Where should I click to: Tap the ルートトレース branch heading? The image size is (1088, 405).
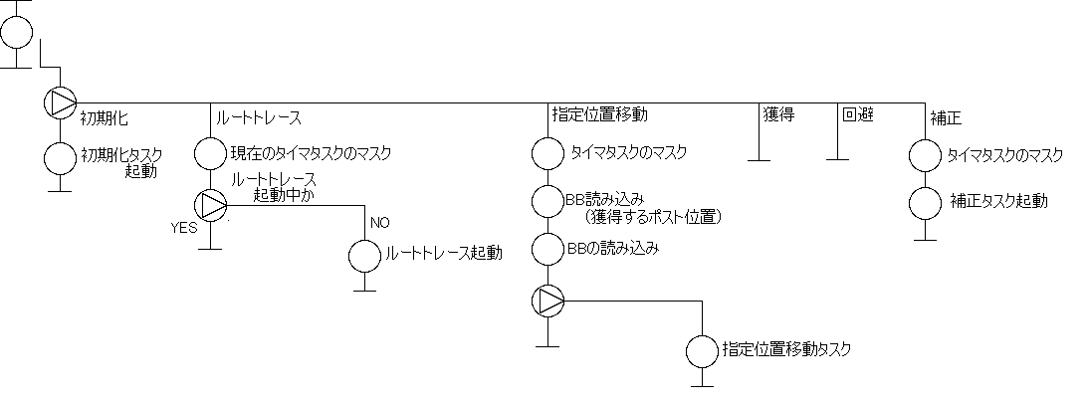tap(259, 114)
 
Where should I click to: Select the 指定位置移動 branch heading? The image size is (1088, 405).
tap(600, 114)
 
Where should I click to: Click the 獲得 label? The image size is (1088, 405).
tap(778, 114)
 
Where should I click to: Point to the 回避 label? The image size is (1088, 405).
tap(858, 114)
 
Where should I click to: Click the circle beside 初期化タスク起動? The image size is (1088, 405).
tap(60, 158)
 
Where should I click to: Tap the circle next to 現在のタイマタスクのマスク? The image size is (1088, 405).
tap(210, 154)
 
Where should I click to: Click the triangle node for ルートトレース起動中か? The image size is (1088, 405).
tap(210, 205)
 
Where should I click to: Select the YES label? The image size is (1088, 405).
tap(184, 227)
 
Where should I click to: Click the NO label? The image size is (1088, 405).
tap(379, 221)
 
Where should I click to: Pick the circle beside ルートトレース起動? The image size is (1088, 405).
tap(364, 255)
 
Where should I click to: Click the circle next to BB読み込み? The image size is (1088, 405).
tap(547, 200)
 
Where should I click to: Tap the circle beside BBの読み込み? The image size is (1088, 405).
tap(547, 248)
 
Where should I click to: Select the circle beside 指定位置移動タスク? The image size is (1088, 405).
tap(703, 351)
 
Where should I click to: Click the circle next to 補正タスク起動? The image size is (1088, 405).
tap(927, 202)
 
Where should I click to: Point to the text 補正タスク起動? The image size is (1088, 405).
tap(998, 202)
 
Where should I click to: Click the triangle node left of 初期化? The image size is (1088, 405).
tap(60, 102)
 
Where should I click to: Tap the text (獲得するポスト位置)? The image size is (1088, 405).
tap(653, 217)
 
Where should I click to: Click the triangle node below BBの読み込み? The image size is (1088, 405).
tap(547, 300)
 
